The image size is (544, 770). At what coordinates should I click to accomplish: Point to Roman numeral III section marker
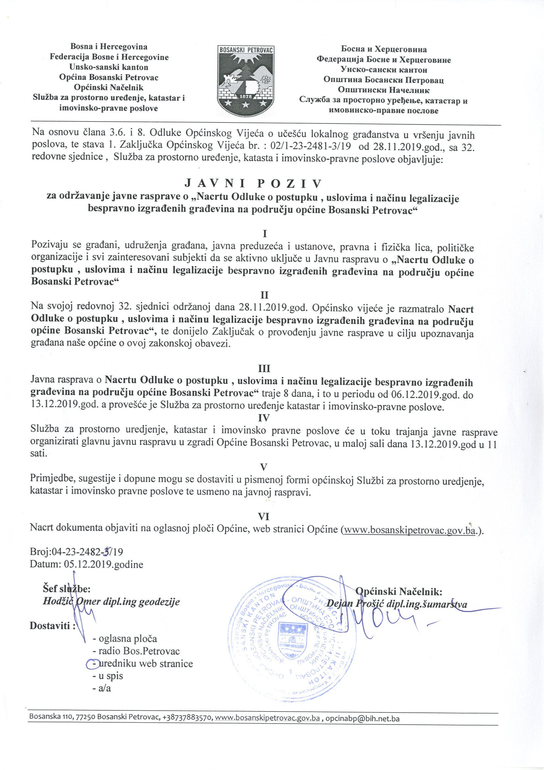264,369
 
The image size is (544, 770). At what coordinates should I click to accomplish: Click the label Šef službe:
66,589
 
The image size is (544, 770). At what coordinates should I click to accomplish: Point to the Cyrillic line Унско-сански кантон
383,70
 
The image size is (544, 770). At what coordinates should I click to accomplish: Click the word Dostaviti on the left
50,625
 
